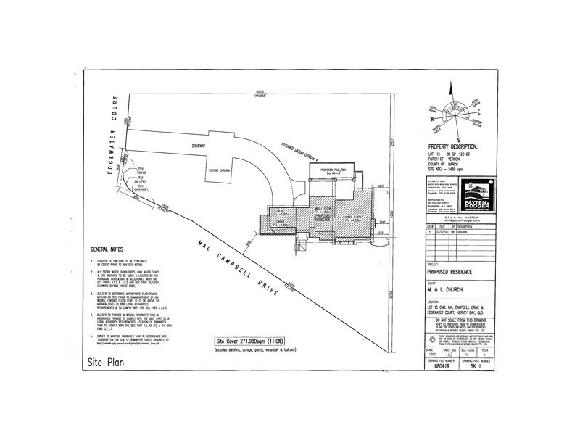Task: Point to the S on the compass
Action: [x=458, y=141]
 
